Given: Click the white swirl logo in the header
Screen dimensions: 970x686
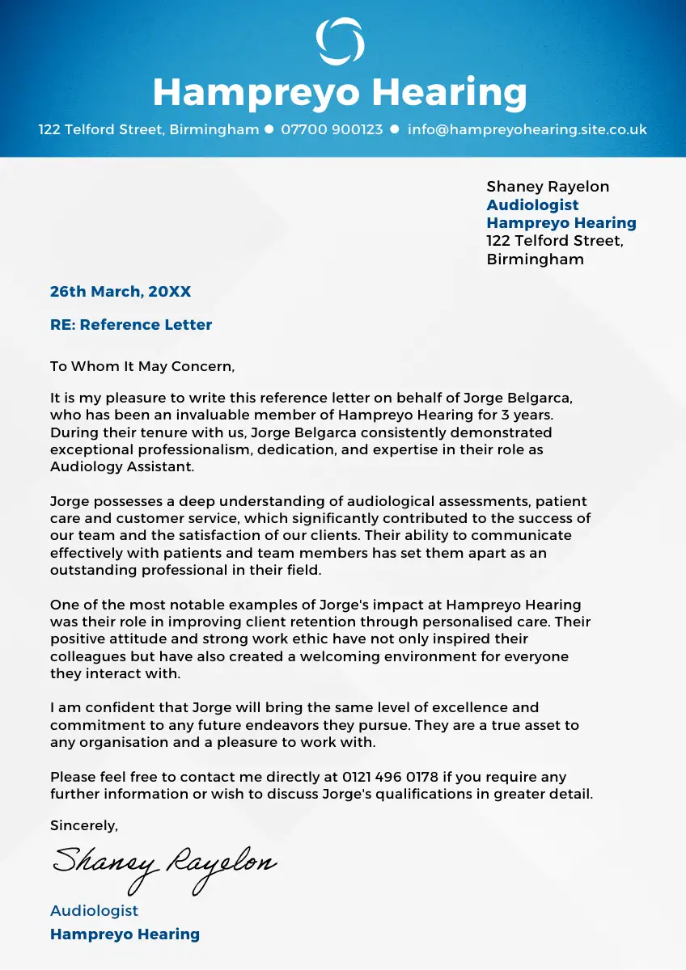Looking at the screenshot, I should click(x=340, y=41).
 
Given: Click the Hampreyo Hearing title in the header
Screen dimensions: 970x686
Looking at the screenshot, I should click(x=340, y=92).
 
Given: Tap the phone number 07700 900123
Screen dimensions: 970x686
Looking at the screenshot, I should click(x=332, y=129).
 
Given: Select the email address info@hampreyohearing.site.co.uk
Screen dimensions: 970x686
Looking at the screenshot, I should click(x=527, y=129).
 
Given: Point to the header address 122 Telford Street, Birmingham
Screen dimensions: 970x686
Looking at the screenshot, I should click(x=149, y=129).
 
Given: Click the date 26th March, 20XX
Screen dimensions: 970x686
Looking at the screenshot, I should click(x=121, y=292).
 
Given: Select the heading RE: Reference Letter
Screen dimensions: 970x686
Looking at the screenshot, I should click(x=131, y=325).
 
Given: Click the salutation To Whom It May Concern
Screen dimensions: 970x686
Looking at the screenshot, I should click(x=142, y=366).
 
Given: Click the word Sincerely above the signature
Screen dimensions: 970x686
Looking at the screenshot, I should click(x=83, y=825).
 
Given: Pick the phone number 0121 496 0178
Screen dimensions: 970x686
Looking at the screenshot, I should click(x=391, y=777).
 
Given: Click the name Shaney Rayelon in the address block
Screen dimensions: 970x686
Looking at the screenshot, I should click(x=548, y=187).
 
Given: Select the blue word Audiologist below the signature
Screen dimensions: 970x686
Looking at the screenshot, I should click(x=94, y=910).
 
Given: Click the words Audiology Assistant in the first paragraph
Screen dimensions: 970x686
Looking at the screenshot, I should click(x=121, y=467).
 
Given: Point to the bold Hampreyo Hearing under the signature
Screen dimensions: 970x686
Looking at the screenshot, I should click(x=125, y=934).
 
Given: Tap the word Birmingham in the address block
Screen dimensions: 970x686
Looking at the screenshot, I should click(x=535, y=259).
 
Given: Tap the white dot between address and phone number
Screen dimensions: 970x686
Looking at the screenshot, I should click(x=269, y=129).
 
